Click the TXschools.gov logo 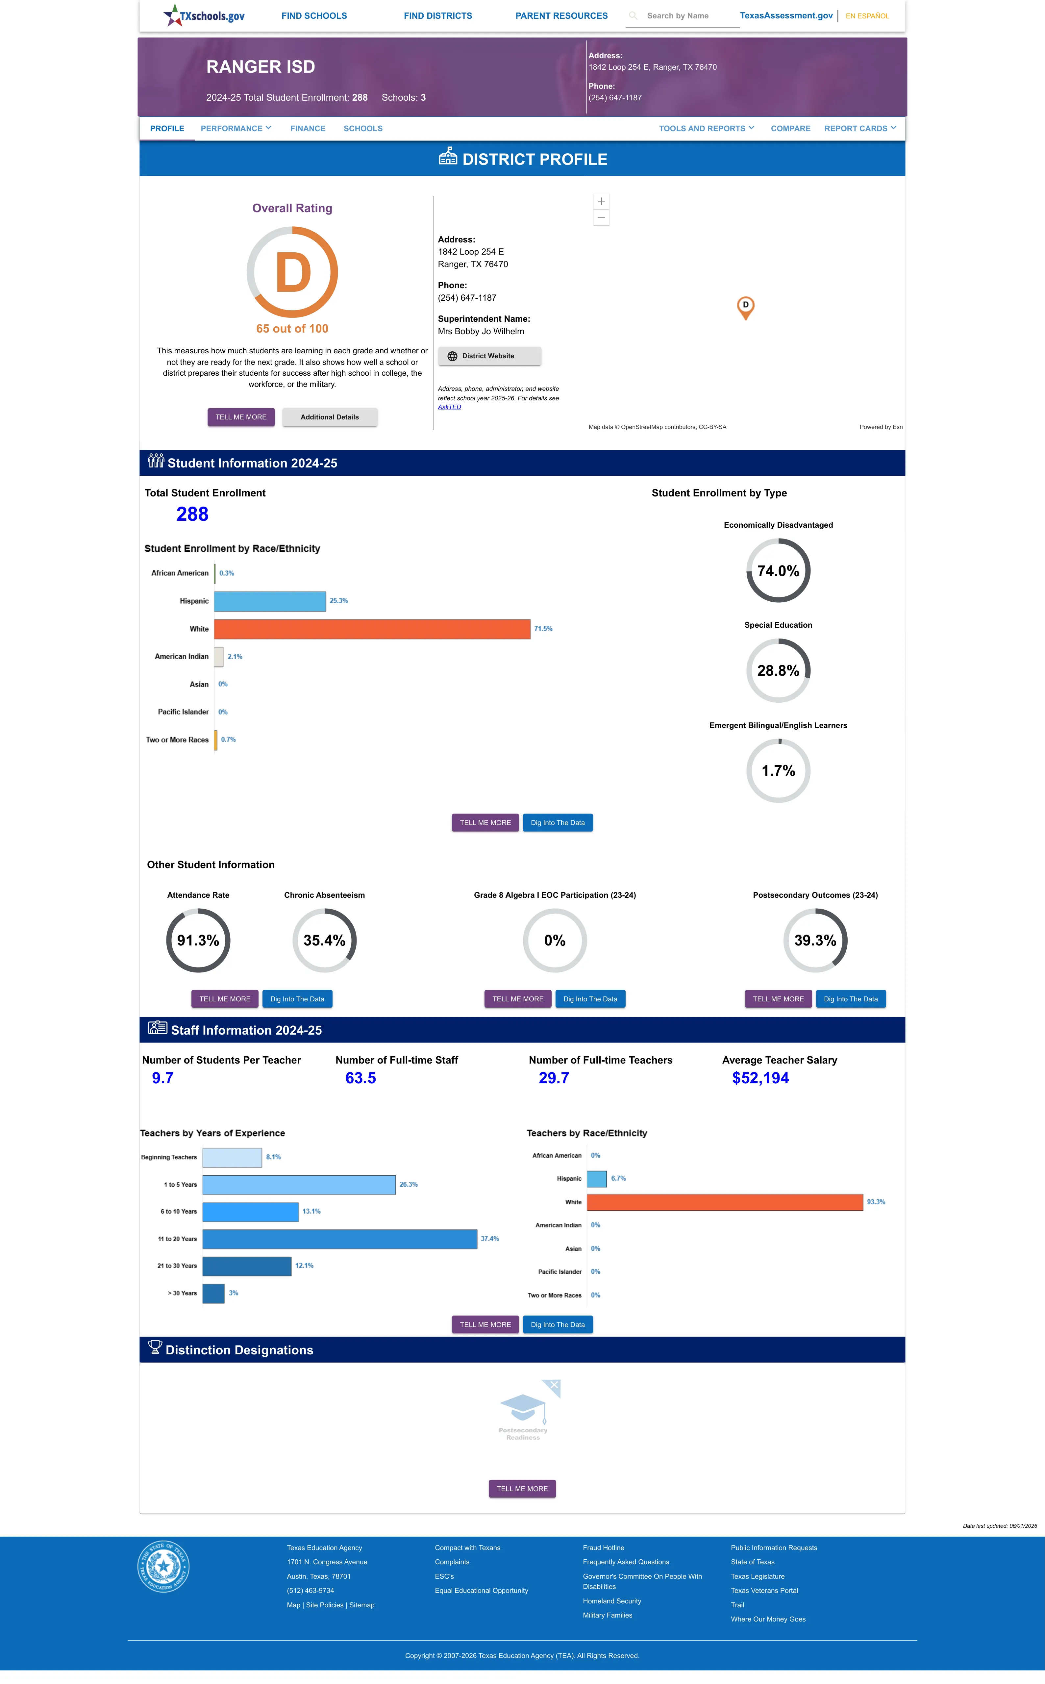click(x=204, y=15)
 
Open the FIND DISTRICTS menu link click(x=437, y=16)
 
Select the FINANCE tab click(x=308, y=129)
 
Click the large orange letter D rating click(x=293, y=272)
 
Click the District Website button click(x=489, y=356)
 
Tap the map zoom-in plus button click(x=601, y=201)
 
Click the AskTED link click(x=449, y=407)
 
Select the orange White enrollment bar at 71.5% click(x=372, y=629)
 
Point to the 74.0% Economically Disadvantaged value click(x=778, y=571)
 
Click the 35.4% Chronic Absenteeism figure click(x=324, y=941)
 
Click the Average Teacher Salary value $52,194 click(x=760, y=1078)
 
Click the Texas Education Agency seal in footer click(x=163, y=1566)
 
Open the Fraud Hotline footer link click(x=603, y=1548)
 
